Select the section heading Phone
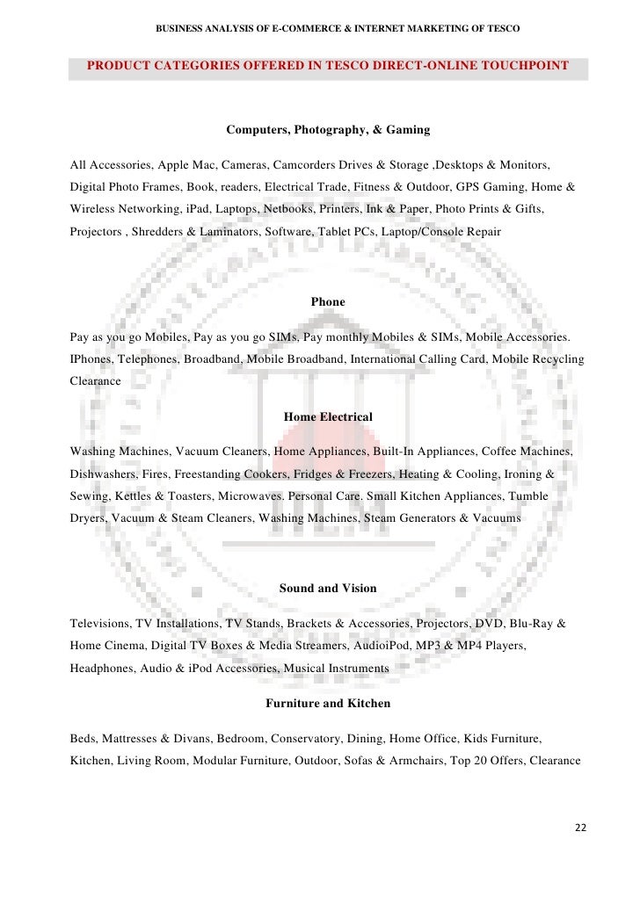[x=328, y=301]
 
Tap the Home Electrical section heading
[x=328, y=416]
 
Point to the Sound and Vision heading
[x=328, y=588]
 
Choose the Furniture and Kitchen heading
[x=328, y=704]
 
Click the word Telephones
[x=149, y=359]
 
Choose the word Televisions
[x=100, y=623]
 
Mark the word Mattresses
[x=135, y=738]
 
